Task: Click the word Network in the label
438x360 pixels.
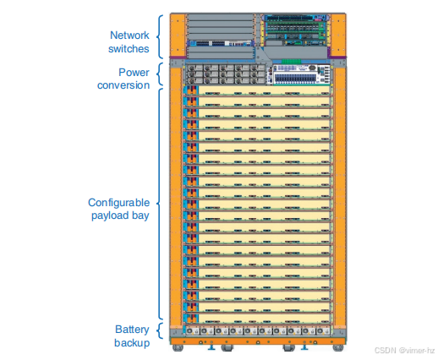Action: (129, 35)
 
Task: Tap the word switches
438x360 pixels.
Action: (129, 49)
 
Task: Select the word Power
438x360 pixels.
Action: (134, 73)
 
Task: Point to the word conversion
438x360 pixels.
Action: (123, 85)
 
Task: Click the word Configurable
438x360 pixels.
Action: (118, 203)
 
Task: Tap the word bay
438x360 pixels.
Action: (140, 215)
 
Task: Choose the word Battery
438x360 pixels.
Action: (132, 330)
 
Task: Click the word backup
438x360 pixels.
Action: (132, 343)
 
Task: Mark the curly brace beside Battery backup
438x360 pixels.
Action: (159, 330)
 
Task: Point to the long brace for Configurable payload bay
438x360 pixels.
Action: (158, 204)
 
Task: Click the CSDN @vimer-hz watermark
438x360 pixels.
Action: (404, 350)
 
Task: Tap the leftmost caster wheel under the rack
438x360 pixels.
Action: (178, 347)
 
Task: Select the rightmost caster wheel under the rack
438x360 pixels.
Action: (338, 347)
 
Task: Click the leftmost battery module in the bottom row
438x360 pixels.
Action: (193, 331)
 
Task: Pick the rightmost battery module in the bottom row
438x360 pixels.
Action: (323, 331)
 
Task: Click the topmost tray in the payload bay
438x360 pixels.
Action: (256, 91)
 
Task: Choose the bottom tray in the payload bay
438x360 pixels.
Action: (256, 319)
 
